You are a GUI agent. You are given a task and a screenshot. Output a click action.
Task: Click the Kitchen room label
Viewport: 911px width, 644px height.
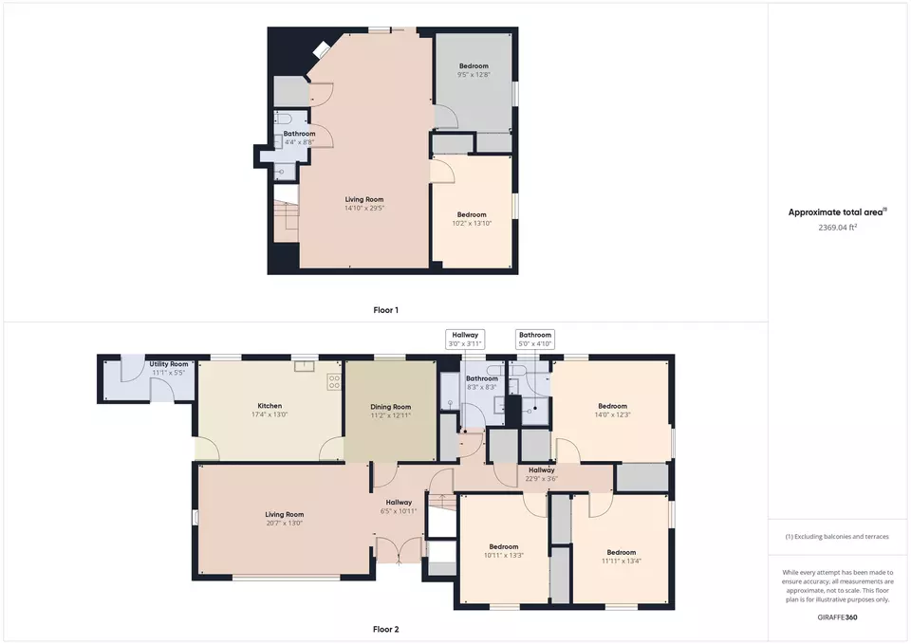(x=270, y=406)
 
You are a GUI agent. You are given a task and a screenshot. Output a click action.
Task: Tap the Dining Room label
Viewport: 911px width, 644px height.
(x=390, y=407)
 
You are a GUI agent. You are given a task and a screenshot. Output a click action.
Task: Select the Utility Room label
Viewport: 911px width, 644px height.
(x=169, y=364)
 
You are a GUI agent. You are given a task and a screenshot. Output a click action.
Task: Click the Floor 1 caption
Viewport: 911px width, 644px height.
(x=386, y=310)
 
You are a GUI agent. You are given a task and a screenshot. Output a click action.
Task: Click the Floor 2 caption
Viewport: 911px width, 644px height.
(x=386, y=629)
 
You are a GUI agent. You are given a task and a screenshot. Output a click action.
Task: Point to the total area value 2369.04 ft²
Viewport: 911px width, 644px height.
(x=837, y=228)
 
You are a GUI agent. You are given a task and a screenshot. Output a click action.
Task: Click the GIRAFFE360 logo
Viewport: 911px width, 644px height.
(x=837, y=617)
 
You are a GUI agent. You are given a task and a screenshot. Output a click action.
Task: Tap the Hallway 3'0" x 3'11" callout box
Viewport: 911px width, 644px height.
(x=465, y=340)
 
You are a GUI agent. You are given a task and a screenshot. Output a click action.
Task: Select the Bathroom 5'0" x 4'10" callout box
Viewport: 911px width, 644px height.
(x=535, y=340)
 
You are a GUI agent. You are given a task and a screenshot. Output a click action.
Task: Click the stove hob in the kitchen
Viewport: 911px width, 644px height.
(x=334, y=382)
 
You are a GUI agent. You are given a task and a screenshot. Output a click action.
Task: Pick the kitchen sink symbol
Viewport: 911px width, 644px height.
(x=304, y=366)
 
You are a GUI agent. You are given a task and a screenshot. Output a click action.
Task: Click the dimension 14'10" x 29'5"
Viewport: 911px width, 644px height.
(x=364, y=208)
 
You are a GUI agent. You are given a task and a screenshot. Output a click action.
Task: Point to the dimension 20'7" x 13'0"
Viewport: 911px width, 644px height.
(x=284, y=524)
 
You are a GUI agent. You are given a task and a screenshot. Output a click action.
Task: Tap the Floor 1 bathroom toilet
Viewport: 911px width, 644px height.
(x=284, y=119)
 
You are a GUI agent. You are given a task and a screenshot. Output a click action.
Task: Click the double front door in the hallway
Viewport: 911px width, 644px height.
(x=399, y=550)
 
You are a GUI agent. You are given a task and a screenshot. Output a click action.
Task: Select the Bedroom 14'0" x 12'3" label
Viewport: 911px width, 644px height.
(x=612, y=410)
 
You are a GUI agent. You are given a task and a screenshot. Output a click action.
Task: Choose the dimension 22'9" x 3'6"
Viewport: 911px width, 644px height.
(x=542, y=479)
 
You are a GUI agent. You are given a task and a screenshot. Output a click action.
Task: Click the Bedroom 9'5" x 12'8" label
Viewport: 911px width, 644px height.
(x=474, y=70)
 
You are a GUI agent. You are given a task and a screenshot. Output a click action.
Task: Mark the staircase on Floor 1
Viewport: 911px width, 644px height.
(x=286, y=221)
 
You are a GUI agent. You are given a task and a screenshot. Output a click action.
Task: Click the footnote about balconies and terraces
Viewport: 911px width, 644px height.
(x=837, y=537)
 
